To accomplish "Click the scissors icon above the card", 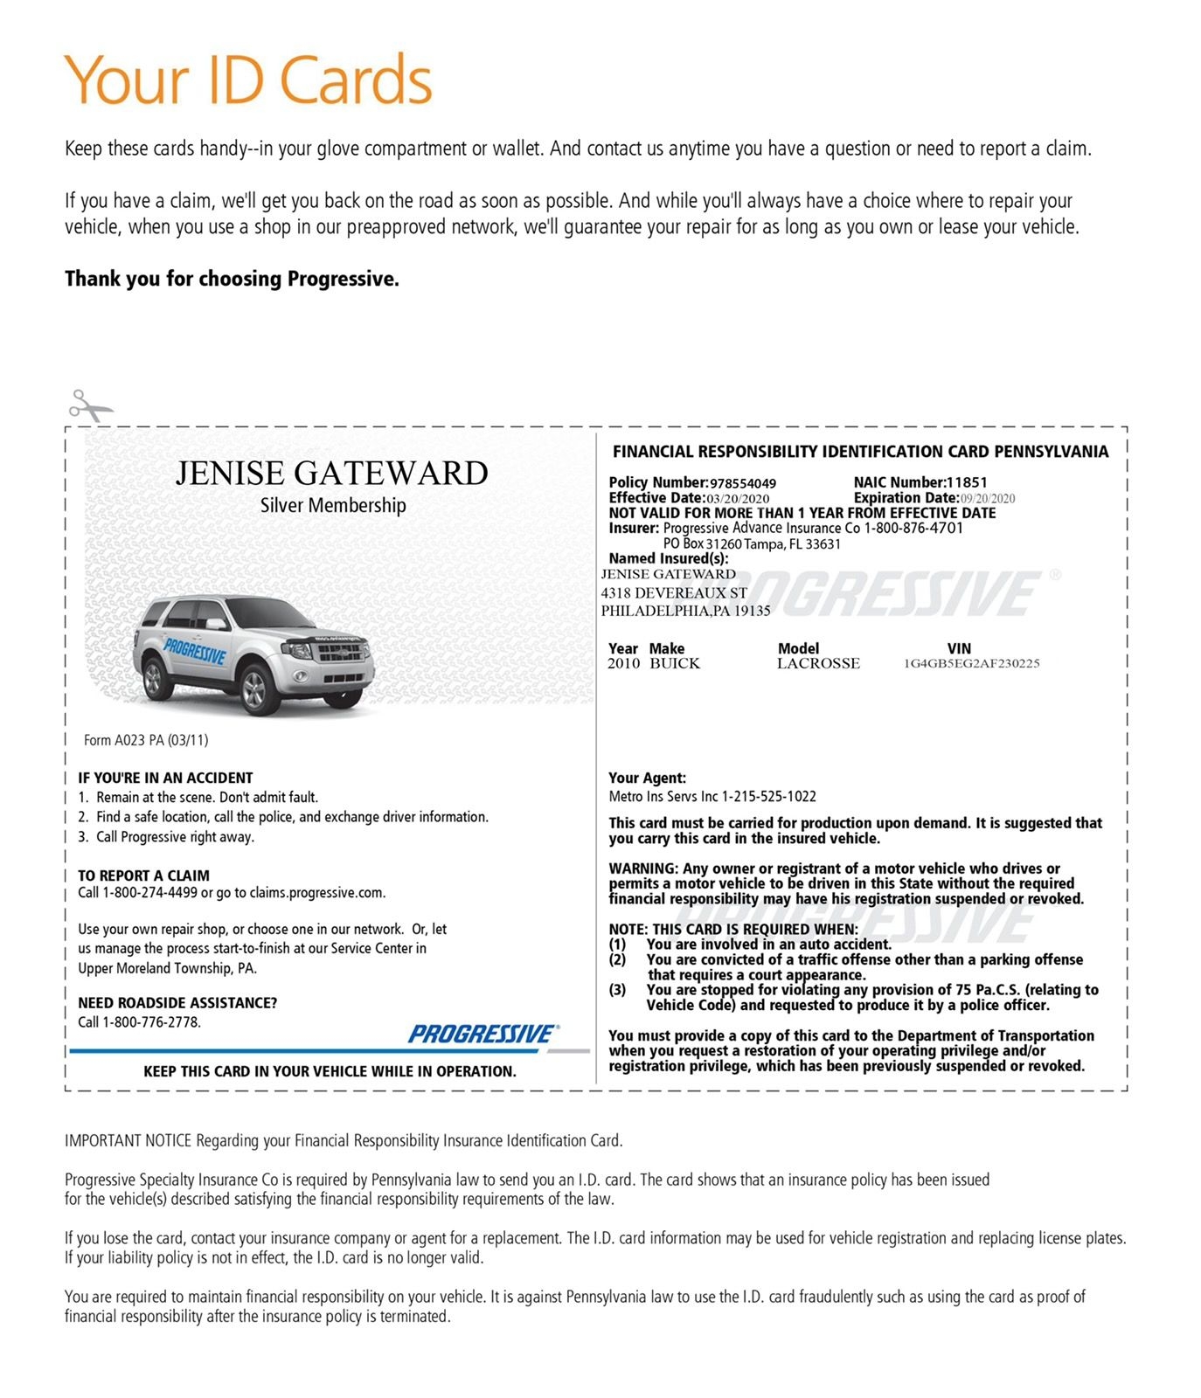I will coord(89,406).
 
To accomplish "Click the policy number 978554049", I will coord(742,483).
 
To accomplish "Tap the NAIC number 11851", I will coord(967,482).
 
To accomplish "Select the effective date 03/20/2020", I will coord(738,499).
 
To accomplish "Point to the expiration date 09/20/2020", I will coord(988,499).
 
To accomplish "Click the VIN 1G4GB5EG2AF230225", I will coord(971,664).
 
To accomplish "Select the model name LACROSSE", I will coord(818,664).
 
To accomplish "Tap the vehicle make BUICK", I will coord(674,664).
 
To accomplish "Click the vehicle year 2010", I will coord(623,664).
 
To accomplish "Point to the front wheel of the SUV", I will coord(255,690).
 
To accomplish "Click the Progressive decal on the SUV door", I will coord(194,650).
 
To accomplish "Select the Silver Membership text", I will coord(333,505).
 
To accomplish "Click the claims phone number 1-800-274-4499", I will coord(149,893).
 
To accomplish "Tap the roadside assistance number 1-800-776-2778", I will coord(151,1022).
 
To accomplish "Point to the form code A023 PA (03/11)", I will coord(146,740).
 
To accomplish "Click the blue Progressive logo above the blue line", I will coord(482,1035).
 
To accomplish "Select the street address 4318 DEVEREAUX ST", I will coord(673,593).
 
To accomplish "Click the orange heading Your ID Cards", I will coord(248,80).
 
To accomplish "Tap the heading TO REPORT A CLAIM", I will coord(143,875).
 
